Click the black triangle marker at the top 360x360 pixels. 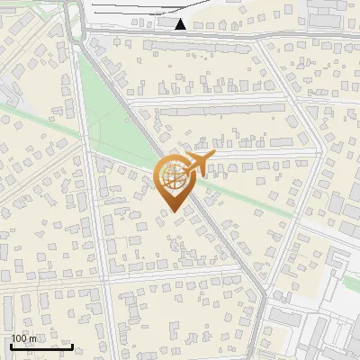click(x=181, y=24)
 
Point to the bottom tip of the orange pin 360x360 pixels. click(x=173, y=212)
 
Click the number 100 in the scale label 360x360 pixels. click(x=19, y=338)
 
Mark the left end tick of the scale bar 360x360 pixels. click(x=12, y=346)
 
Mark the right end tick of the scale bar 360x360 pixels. click(x=72, y=346)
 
